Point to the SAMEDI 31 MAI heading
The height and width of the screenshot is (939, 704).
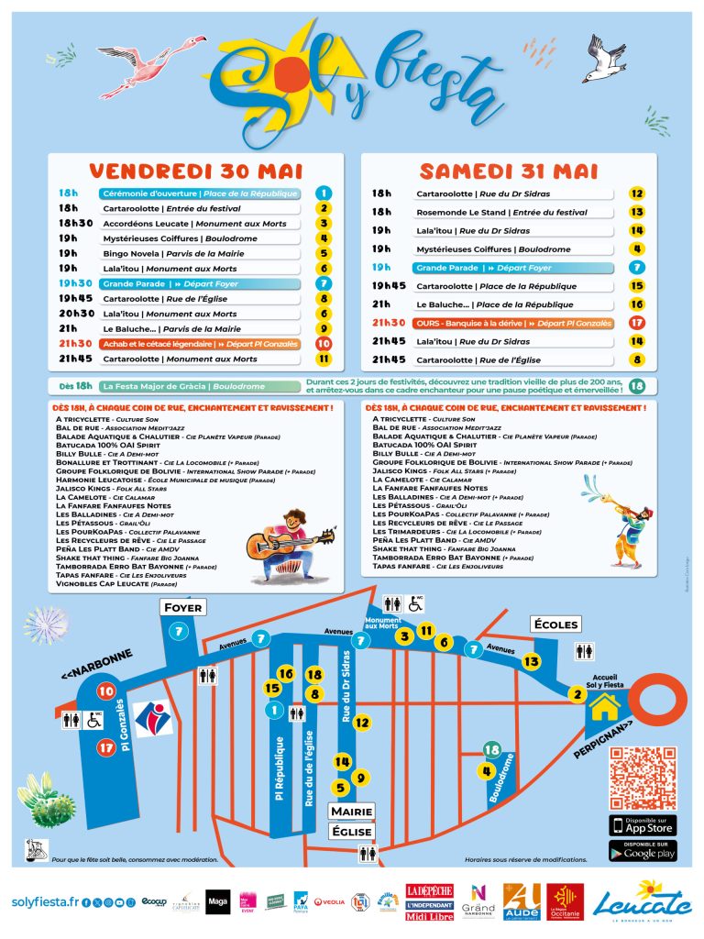pos(509,171)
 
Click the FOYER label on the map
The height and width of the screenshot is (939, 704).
pos(182,608)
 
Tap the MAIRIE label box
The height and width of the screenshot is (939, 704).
pos(352,812)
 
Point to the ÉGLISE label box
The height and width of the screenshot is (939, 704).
pos(352,832)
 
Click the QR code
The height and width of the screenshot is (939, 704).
pos(643,779)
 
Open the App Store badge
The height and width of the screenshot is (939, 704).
pos(643,825)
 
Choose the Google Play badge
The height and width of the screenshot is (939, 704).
pos(643,850)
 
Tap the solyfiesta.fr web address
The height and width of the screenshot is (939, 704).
pos(44,903)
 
